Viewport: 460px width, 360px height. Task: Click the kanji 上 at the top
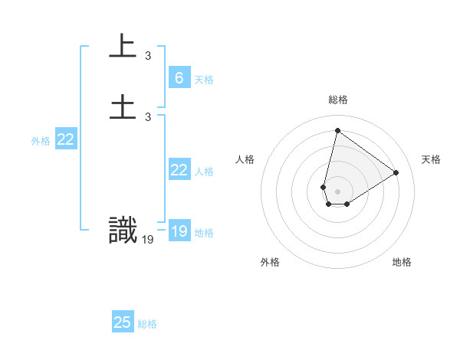(123, 46)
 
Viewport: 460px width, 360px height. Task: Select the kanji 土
(123, 106)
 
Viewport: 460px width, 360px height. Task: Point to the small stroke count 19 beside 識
(148, 239)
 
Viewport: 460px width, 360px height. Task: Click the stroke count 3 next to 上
(148, 55)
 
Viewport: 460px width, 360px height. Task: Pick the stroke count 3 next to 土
(148, 116)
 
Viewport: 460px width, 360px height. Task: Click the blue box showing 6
(179, 78)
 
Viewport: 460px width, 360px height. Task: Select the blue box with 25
(123, 322)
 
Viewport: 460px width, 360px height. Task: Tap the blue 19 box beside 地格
(179, 231)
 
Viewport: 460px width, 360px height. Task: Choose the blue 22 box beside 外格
(66, 139)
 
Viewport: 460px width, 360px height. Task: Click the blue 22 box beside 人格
(179, 170)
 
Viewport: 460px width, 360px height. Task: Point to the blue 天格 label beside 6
(204, 79)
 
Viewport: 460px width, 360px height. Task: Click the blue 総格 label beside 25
(147, 324)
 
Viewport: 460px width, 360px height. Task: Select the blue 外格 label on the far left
(41, 141)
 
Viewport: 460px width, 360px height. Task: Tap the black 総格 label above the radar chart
(338, 100)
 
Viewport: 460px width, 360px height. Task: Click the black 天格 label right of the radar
(432, 159)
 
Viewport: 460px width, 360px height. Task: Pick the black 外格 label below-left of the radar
(270, 262)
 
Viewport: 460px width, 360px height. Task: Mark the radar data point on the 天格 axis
(396, 172)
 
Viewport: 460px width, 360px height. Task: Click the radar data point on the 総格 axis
(337, 130)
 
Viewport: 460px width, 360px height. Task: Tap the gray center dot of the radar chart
(338, 191)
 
